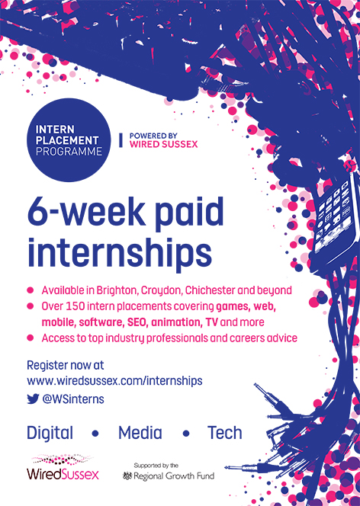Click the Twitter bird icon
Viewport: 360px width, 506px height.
point(33,399)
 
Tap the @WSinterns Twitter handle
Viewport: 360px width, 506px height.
point(73,399)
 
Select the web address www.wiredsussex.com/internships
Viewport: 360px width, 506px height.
point(114,381)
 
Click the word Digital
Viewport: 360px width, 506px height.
point(50,434)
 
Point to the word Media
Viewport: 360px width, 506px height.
point(140,433)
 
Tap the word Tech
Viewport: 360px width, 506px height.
point(225,433)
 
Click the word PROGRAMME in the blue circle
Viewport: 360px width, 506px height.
point(69,152)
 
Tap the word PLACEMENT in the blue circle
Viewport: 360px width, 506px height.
point(67,140)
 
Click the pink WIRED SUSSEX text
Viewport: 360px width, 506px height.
point(163,144)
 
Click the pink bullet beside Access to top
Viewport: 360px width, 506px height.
point(31,338)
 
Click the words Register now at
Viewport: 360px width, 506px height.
point(66,365)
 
